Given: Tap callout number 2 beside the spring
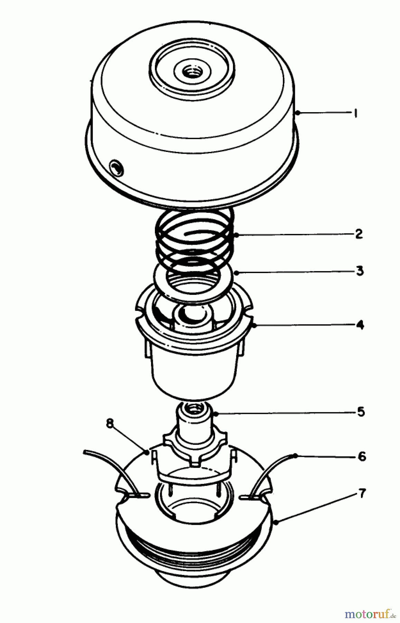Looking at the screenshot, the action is click(359, 234).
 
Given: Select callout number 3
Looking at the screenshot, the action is click(360, 270).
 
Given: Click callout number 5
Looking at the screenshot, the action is click(361, 412).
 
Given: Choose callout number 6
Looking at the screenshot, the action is click(362, 457).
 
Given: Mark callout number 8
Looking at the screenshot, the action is click(110, 424).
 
